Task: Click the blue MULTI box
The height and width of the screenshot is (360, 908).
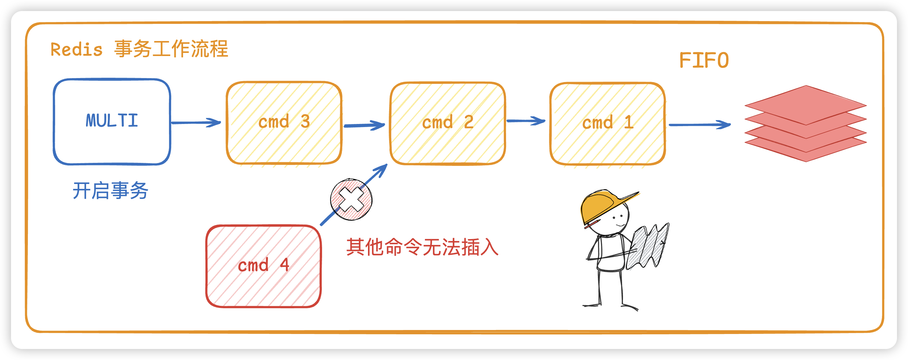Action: (112, 122)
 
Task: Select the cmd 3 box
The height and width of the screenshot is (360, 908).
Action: (284, 123)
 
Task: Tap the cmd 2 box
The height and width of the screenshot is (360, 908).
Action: (448, 123)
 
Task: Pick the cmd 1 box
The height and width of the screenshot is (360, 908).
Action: (607, 123)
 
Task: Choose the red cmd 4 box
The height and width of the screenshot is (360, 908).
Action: (264, 266)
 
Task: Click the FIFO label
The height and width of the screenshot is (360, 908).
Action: (704, 61)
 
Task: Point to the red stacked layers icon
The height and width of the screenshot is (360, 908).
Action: (805, 123)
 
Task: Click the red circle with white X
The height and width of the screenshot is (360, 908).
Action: (351, 200)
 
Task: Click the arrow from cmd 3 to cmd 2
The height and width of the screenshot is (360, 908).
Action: (364, 125)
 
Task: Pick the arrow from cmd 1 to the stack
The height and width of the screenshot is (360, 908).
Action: (700, 125)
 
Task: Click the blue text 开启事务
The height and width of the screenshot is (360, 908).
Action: (110, 191)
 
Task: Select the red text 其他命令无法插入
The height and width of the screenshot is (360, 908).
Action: (422, 247)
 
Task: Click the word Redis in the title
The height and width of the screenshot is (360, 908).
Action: (77, 50)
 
